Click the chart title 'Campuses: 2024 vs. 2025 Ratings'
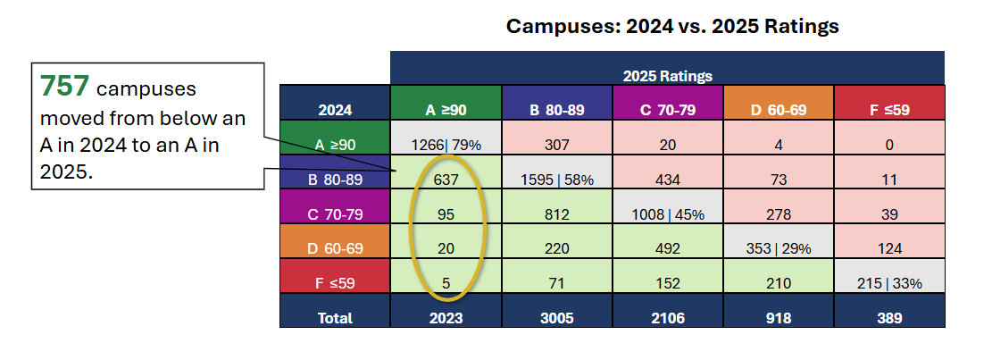click(x=672, y=26)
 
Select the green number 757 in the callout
click(x=64, y=86)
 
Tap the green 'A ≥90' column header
click(x=446, y=111)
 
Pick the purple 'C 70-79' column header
click(x=667, y=111)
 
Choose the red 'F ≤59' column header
click(x=889, y=111)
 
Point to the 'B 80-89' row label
click(x=335, y=180)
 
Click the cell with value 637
click(x=446, y=180)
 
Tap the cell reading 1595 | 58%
click(x=556, y=180)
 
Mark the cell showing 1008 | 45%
click(x=667, y=214)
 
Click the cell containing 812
click(x=556, y=214)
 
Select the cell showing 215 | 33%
click(x=889, y=283)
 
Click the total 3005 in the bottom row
click(x=556, y=318)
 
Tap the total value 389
click(x=889, y=318)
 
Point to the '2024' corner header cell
click(x=335, y=111)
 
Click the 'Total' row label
click(x=335, y=318)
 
